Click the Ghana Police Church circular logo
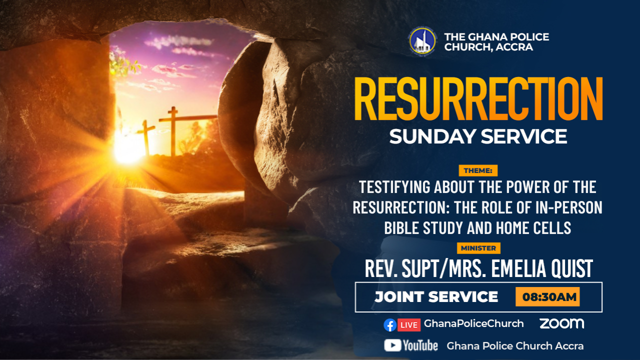coord(422,41)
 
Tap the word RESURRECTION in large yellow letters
coord(478,99)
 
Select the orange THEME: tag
coord(478,170)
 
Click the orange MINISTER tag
coord(478,248)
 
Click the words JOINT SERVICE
coord(436,297)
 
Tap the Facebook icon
coord(390,325)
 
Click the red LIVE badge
coord(409,325)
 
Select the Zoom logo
coord(561,323)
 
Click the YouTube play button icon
coord(392,345)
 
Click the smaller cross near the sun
coord(146,137)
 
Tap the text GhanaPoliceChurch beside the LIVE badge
coord(473,323)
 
